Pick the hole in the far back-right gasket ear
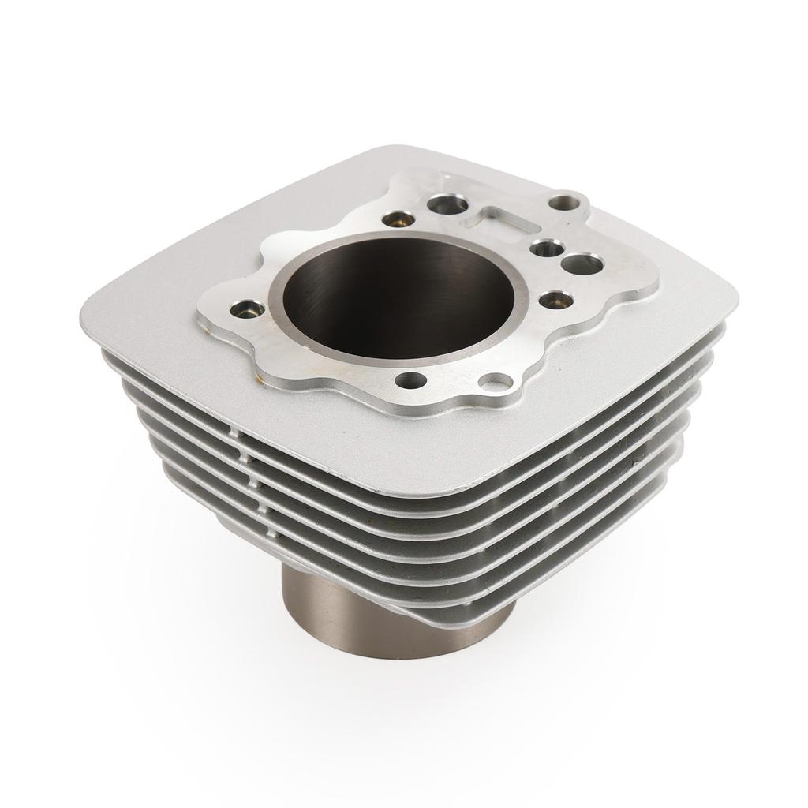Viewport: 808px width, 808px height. point(561,203)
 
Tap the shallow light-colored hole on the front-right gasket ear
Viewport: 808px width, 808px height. point(496,384)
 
